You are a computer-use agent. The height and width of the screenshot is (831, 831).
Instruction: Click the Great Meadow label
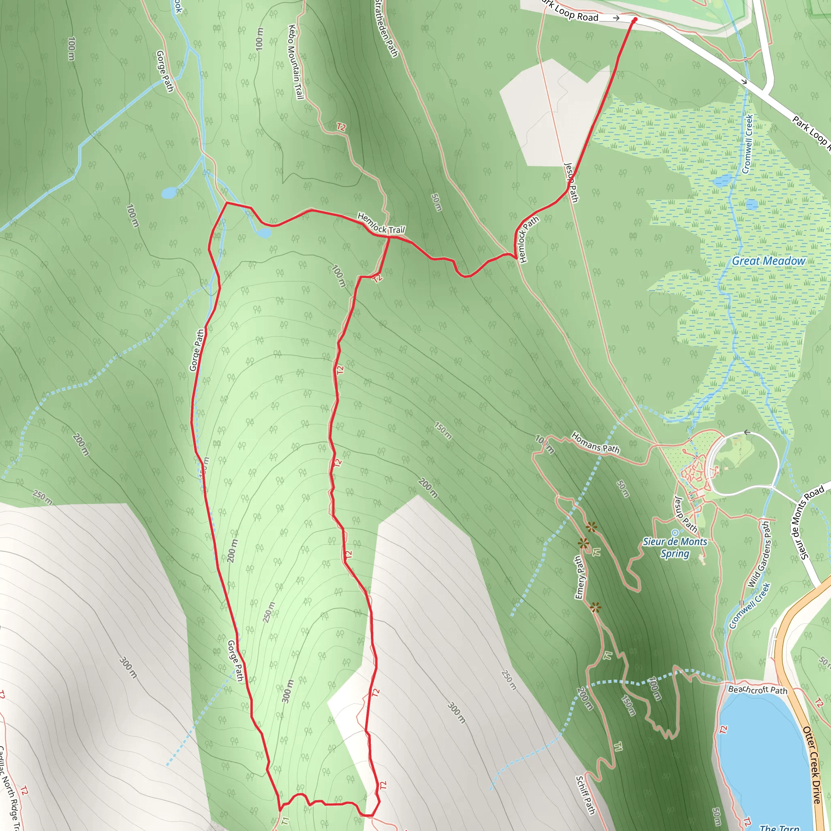pyautogui.click(x=768, y=261)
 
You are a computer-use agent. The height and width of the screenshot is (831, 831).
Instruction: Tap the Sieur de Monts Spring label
pyautogui.click(x=675, y=547)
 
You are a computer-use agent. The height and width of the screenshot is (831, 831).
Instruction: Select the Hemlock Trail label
pyautogui.click(x=381, y=223)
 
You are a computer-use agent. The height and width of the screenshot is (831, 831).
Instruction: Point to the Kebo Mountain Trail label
pyautogui.click(x=296, y=62)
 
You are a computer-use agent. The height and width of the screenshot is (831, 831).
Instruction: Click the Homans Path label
pyautogui.click(x=595, y=443)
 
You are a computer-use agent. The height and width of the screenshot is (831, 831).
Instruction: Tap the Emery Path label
pyautogui.click(x=579, y=578)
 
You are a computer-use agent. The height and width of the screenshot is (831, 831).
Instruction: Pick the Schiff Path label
pyautogui.click(x=586, y=795)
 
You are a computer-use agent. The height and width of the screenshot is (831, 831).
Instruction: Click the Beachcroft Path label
pyautogui.click(x=758, y=689)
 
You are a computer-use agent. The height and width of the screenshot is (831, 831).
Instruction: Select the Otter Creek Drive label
pyautogui.click(x=812, y=766)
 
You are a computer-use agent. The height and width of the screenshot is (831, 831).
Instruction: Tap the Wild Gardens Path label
pyautogui.click(x=760, y=555)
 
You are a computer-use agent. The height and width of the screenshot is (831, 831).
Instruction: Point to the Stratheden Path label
pyautogui.click(x=386, y=28)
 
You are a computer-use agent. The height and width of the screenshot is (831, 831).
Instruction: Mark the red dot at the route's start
pyautogui.click(x=635, y=20)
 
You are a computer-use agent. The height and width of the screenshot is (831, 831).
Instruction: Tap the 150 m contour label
pyautogui.click(x=443, y=431)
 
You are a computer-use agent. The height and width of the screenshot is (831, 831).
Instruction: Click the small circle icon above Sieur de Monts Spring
pyautogui.click(x=675, y=533)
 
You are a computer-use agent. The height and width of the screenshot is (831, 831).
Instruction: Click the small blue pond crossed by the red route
pyautogui.click(x=263, y=233)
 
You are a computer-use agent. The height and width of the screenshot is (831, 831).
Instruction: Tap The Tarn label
pyautogui.click(x=779, y=827)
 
